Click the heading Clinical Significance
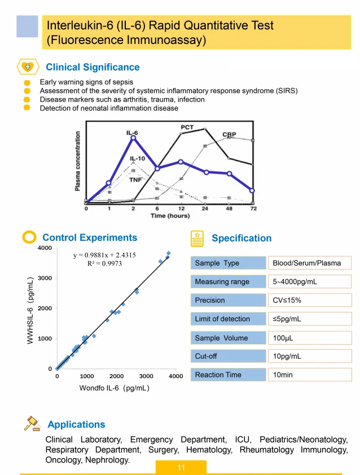pyautogui.click(x=93, y=67)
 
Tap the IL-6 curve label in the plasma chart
pyautogui.click(x=133, y=132)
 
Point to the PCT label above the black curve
pyautogui.click(x=187, y=127)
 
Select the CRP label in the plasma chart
pyautogui.click(x=229, y=134)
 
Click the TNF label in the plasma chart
pyautogui.click(x=135, y=179)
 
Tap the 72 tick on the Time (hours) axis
pyautogui.click(x=253, y=209)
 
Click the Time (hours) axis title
pyautogui.click(x=169, y=216)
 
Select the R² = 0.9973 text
pyautogui.click(x=104, y=263)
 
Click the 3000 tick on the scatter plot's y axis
pyautogui.click(x=45, y=278)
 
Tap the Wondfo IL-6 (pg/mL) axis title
pyautogui.click(x=115, y=388)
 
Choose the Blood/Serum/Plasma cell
pyautogui.click(x=309, y=263)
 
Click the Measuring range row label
pyautogui.click(x=222, y=282)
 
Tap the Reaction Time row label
pyautogui.click(x=218, y=375)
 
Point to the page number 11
pyautogui.click(x=181, y=468)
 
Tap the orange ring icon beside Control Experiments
pyautogui.click(x=29, y=237)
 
